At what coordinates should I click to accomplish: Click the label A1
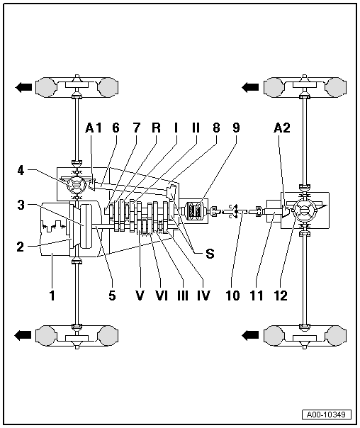tap(93, 128)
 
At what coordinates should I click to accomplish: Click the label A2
tap(282, 128)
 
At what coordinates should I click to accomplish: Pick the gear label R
tap(156, 128)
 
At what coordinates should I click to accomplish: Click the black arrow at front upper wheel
tap(23, 87)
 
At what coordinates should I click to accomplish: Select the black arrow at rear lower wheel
tap(249, 334)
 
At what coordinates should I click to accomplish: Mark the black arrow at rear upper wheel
tap(249, 87)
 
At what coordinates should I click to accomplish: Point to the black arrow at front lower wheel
tap(23, 334)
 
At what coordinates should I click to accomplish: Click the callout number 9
tap(236, 128)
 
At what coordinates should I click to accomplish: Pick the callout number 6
tap(116, 128)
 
